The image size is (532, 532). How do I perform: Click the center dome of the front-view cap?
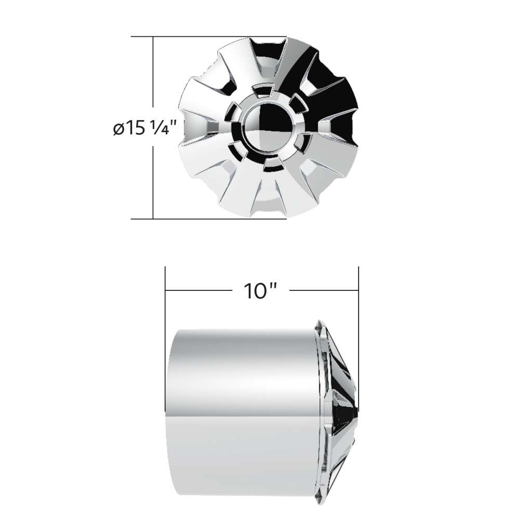(264, 124)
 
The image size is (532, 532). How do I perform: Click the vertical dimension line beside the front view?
(153, 171)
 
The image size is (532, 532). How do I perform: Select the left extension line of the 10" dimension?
(165, 296)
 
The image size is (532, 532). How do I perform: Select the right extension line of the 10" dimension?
(359, 296)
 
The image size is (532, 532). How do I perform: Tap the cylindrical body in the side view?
(239, 405)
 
